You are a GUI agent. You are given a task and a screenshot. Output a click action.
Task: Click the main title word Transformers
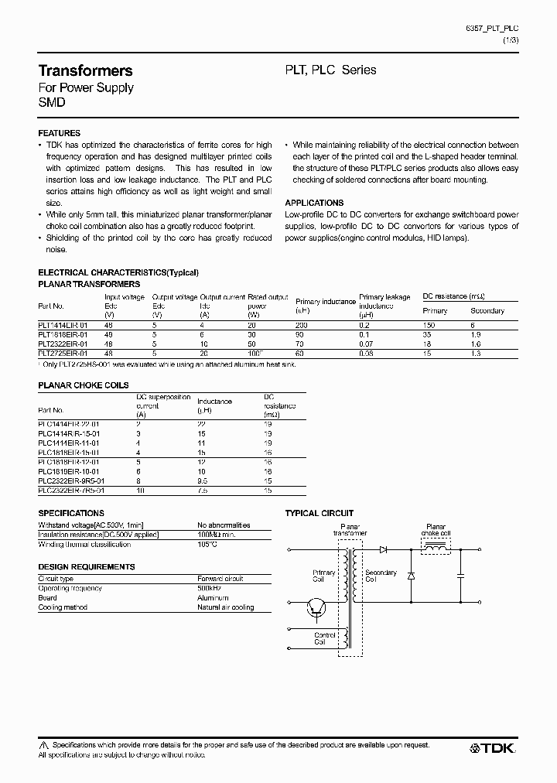85,70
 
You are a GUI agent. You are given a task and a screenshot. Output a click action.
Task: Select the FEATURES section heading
59,133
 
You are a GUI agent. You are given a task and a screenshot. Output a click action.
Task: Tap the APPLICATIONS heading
314,202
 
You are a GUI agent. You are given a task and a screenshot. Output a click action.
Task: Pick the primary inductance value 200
302,326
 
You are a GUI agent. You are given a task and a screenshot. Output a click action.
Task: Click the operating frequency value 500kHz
211,588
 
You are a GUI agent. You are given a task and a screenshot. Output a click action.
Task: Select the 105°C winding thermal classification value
207,544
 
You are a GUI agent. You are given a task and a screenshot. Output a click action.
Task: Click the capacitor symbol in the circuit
461,576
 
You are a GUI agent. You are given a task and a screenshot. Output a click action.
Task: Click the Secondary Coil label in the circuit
381,576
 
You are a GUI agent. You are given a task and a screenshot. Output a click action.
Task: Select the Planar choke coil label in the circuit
435,530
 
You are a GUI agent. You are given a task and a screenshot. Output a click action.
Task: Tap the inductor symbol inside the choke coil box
436,549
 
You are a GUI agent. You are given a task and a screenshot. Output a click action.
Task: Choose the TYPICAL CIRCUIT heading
320,513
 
